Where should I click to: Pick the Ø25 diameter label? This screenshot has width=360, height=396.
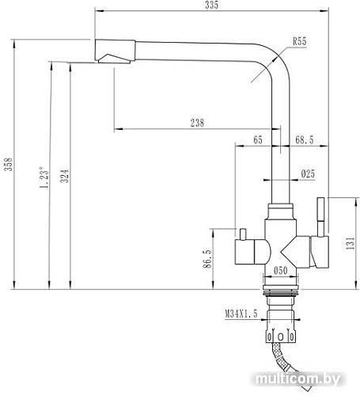click(x=308, y=173)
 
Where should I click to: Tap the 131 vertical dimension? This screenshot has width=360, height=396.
click(x=349, y=245)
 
